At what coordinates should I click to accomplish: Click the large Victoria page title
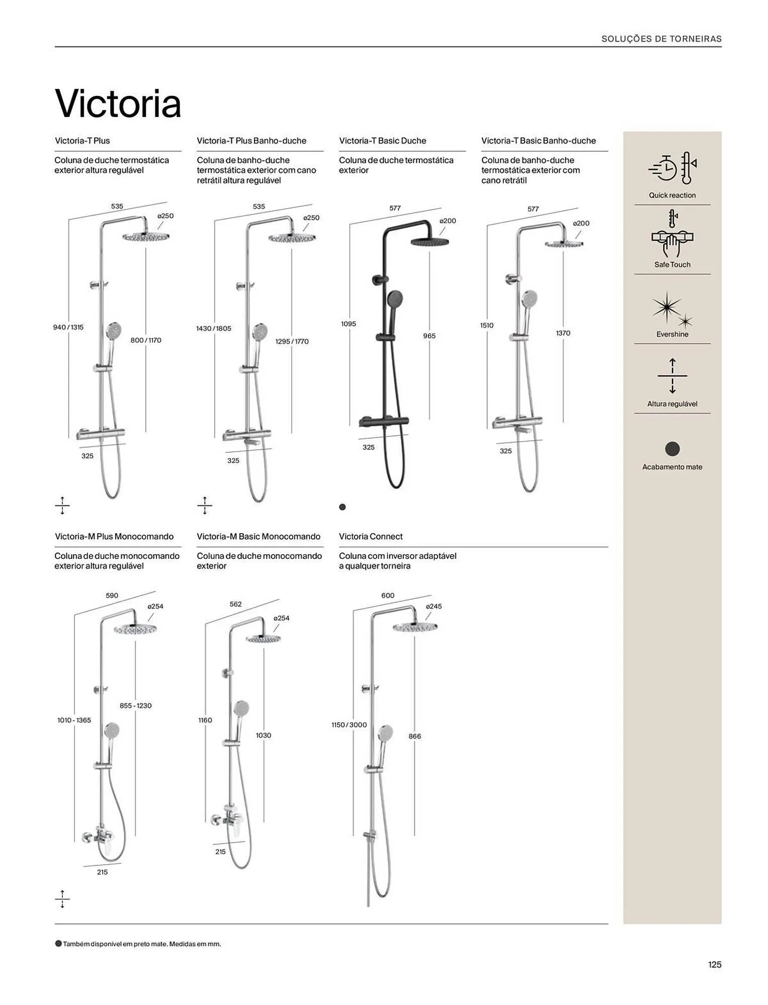click(x=118, y=104)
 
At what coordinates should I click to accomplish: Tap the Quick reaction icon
click(x=672, y=168)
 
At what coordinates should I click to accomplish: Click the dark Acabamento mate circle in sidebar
click(x=672, y=449)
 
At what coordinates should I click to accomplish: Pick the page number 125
click(x=714, y=964)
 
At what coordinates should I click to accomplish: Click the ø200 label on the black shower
click(x=447, y=221)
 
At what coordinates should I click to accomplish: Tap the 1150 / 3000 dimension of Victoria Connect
click(x=349, y=725)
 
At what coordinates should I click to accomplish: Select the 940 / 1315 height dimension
click(x=68, y=327)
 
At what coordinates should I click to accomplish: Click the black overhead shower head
click(x=429, y=242)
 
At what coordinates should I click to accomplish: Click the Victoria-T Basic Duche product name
click(x=382, y=141)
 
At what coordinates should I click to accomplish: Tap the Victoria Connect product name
click(x=371, y=536)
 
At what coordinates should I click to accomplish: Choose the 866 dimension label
click(x=414, y=736)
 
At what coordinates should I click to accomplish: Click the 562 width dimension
click(x=235, y=604)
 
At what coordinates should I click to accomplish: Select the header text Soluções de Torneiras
click(x=661, y=39)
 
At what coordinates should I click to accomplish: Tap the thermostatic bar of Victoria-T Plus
click(x=101, y=433)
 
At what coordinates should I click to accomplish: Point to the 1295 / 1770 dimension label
click(x=292, y=341)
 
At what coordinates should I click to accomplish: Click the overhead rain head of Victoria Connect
click(x=415, y=627)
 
